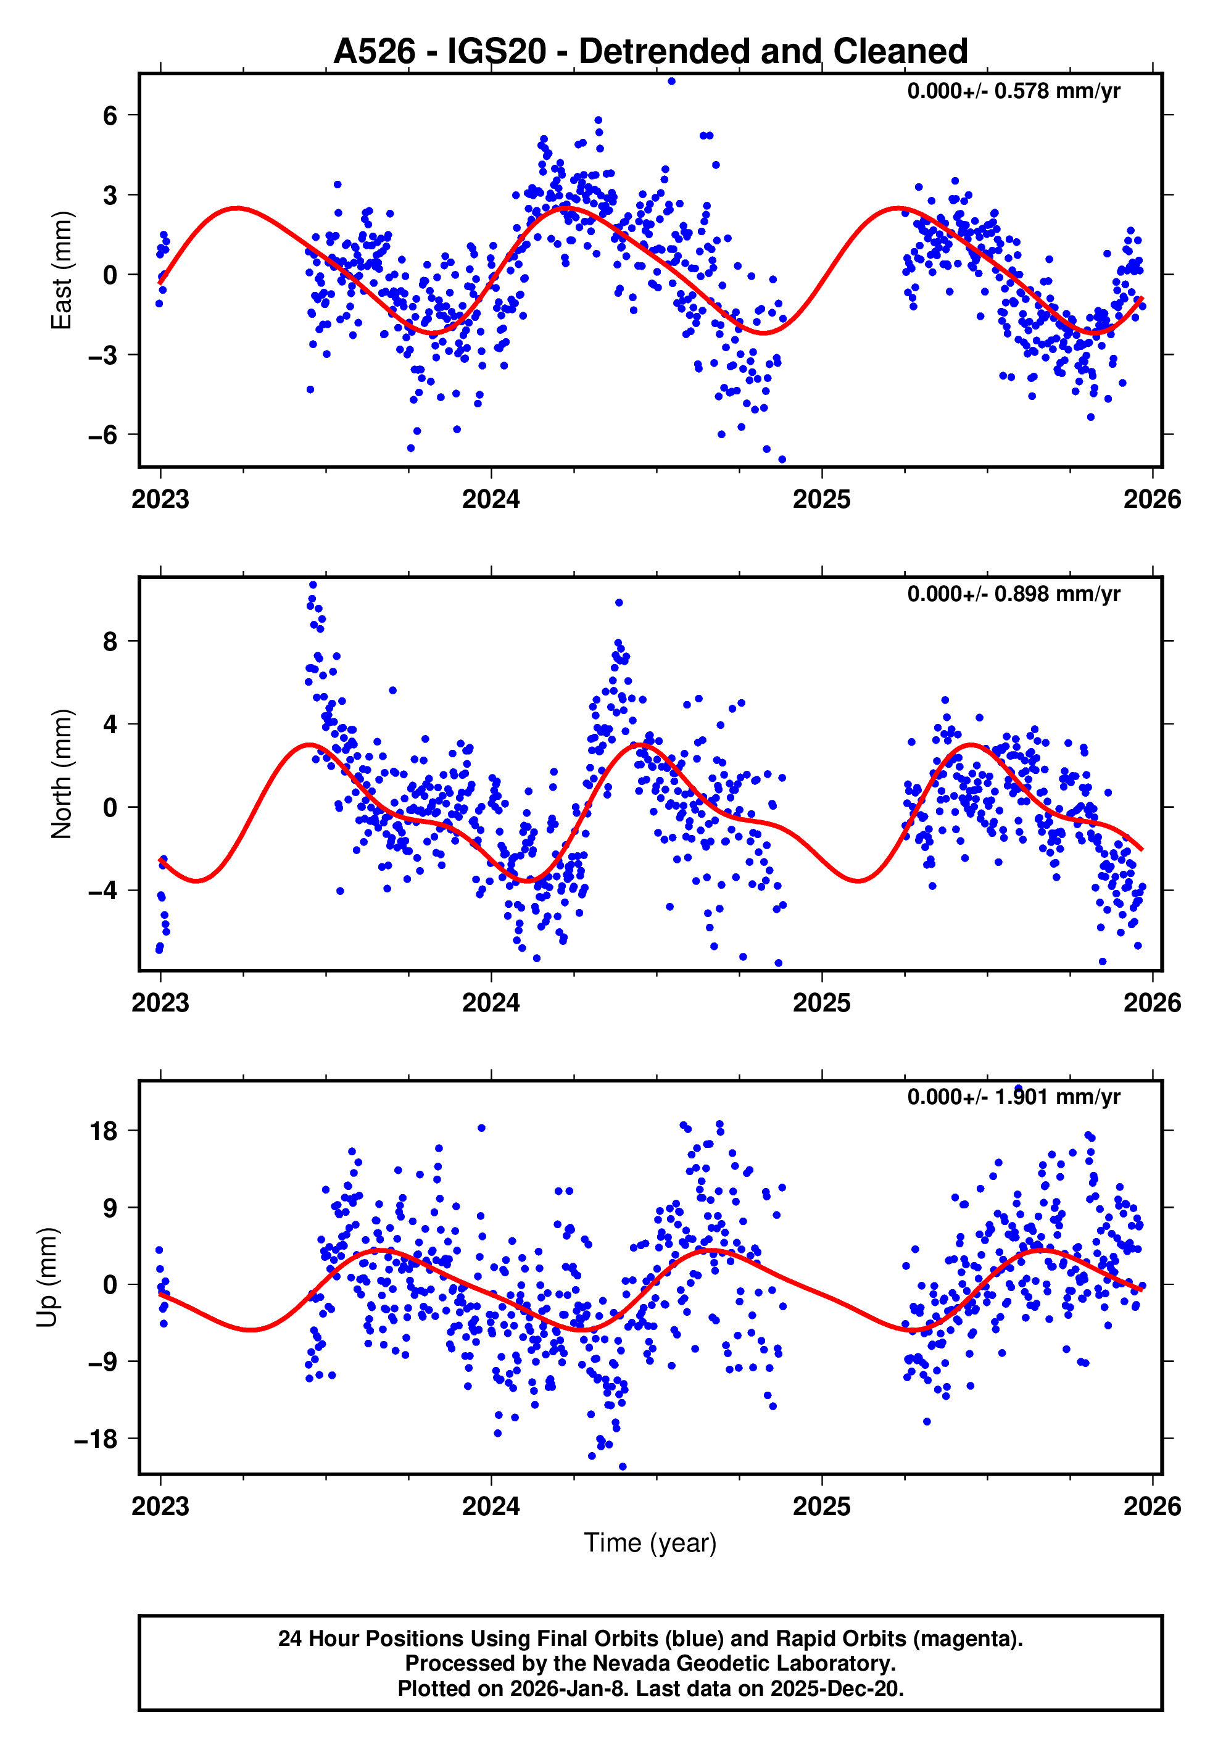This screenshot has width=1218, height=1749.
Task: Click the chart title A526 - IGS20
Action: [650, 51]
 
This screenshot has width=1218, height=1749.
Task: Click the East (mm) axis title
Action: [61, 270]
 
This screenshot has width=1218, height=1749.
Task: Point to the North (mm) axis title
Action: [61, 774]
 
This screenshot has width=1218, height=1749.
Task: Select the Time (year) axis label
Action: [650, 1542]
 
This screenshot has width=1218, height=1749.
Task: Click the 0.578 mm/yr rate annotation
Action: [1013, 91]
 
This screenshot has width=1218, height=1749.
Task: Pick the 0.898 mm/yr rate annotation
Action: [1013, 594]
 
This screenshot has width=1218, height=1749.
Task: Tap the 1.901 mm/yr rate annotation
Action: [1013, 1097]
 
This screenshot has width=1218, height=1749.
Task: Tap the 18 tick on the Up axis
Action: [104, 1131]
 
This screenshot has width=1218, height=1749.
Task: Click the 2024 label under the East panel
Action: [491, 500]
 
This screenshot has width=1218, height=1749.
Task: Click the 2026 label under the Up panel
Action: [1152, 1506]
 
